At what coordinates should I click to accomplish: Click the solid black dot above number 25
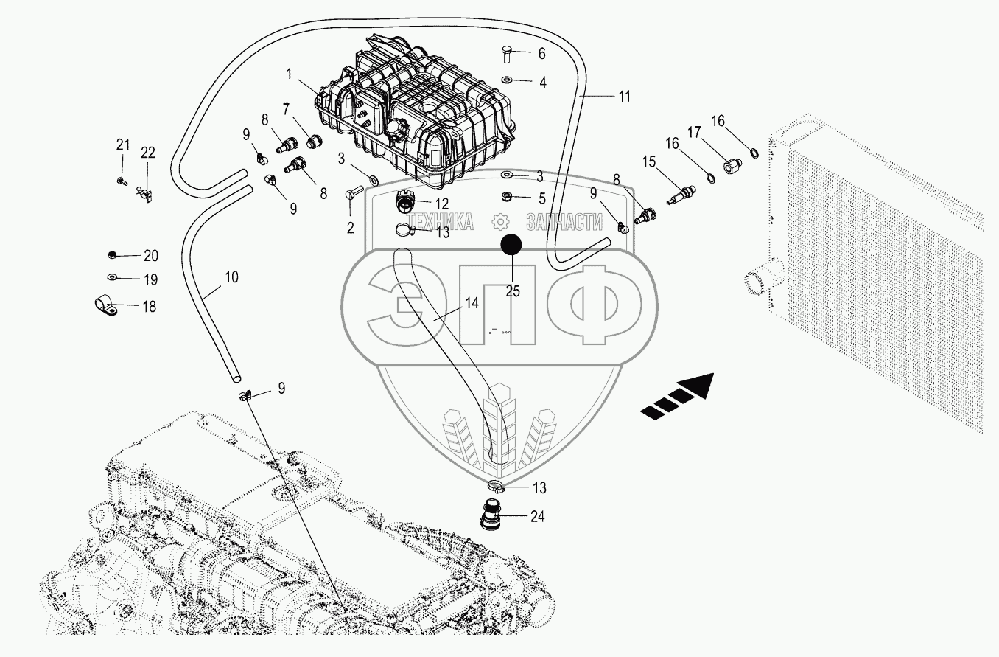[512, 246]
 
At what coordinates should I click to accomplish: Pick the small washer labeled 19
[111, 278]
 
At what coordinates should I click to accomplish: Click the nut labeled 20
[111, 255]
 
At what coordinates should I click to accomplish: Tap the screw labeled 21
[121, 180]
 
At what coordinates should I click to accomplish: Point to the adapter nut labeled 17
[732, 166]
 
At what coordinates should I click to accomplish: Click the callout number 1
[290, 74]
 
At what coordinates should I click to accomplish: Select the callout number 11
[623, 97]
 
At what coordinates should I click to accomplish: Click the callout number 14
[471, 302]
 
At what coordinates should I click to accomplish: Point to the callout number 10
[231, 277]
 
